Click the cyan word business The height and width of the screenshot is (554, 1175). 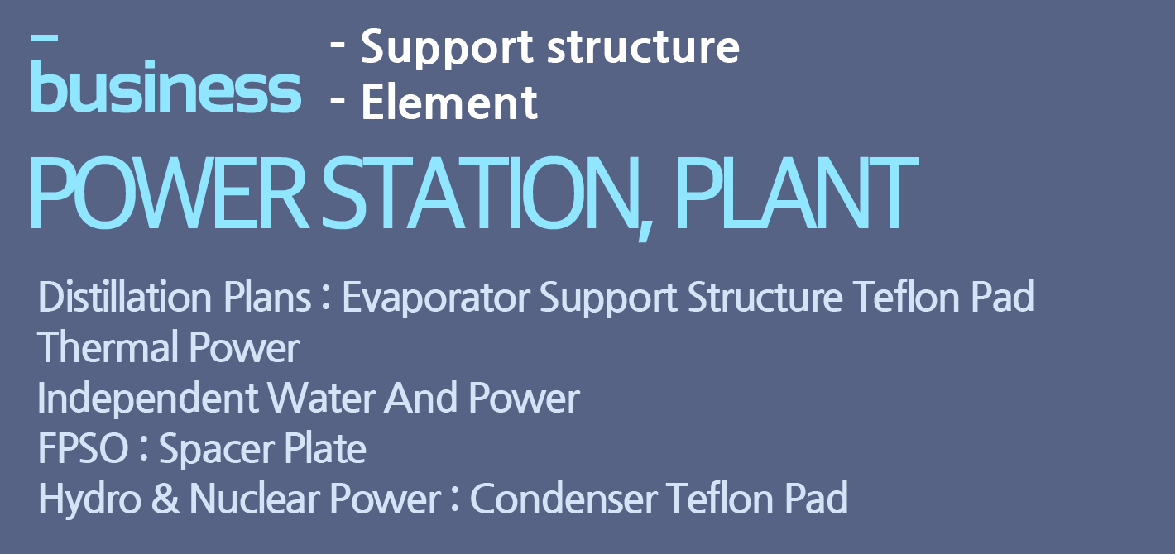tap(165, 87)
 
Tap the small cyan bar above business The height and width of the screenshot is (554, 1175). tap(45, 37)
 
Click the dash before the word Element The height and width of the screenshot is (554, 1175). tap(338, 98)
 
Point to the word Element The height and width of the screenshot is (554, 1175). tap(449, 103)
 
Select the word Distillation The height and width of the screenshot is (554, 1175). tap(125, 297)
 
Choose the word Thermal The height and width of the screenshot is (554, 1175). tap(108, 347)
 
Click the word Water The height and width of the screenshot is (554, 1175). tap(322, 397)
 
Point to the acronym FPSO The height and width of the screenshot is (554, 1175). tap(83, 447)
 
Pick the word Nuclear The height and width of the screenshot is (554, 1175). tap(255, 499)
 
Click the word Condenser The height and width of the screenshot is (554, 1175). tap(564, 499)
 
